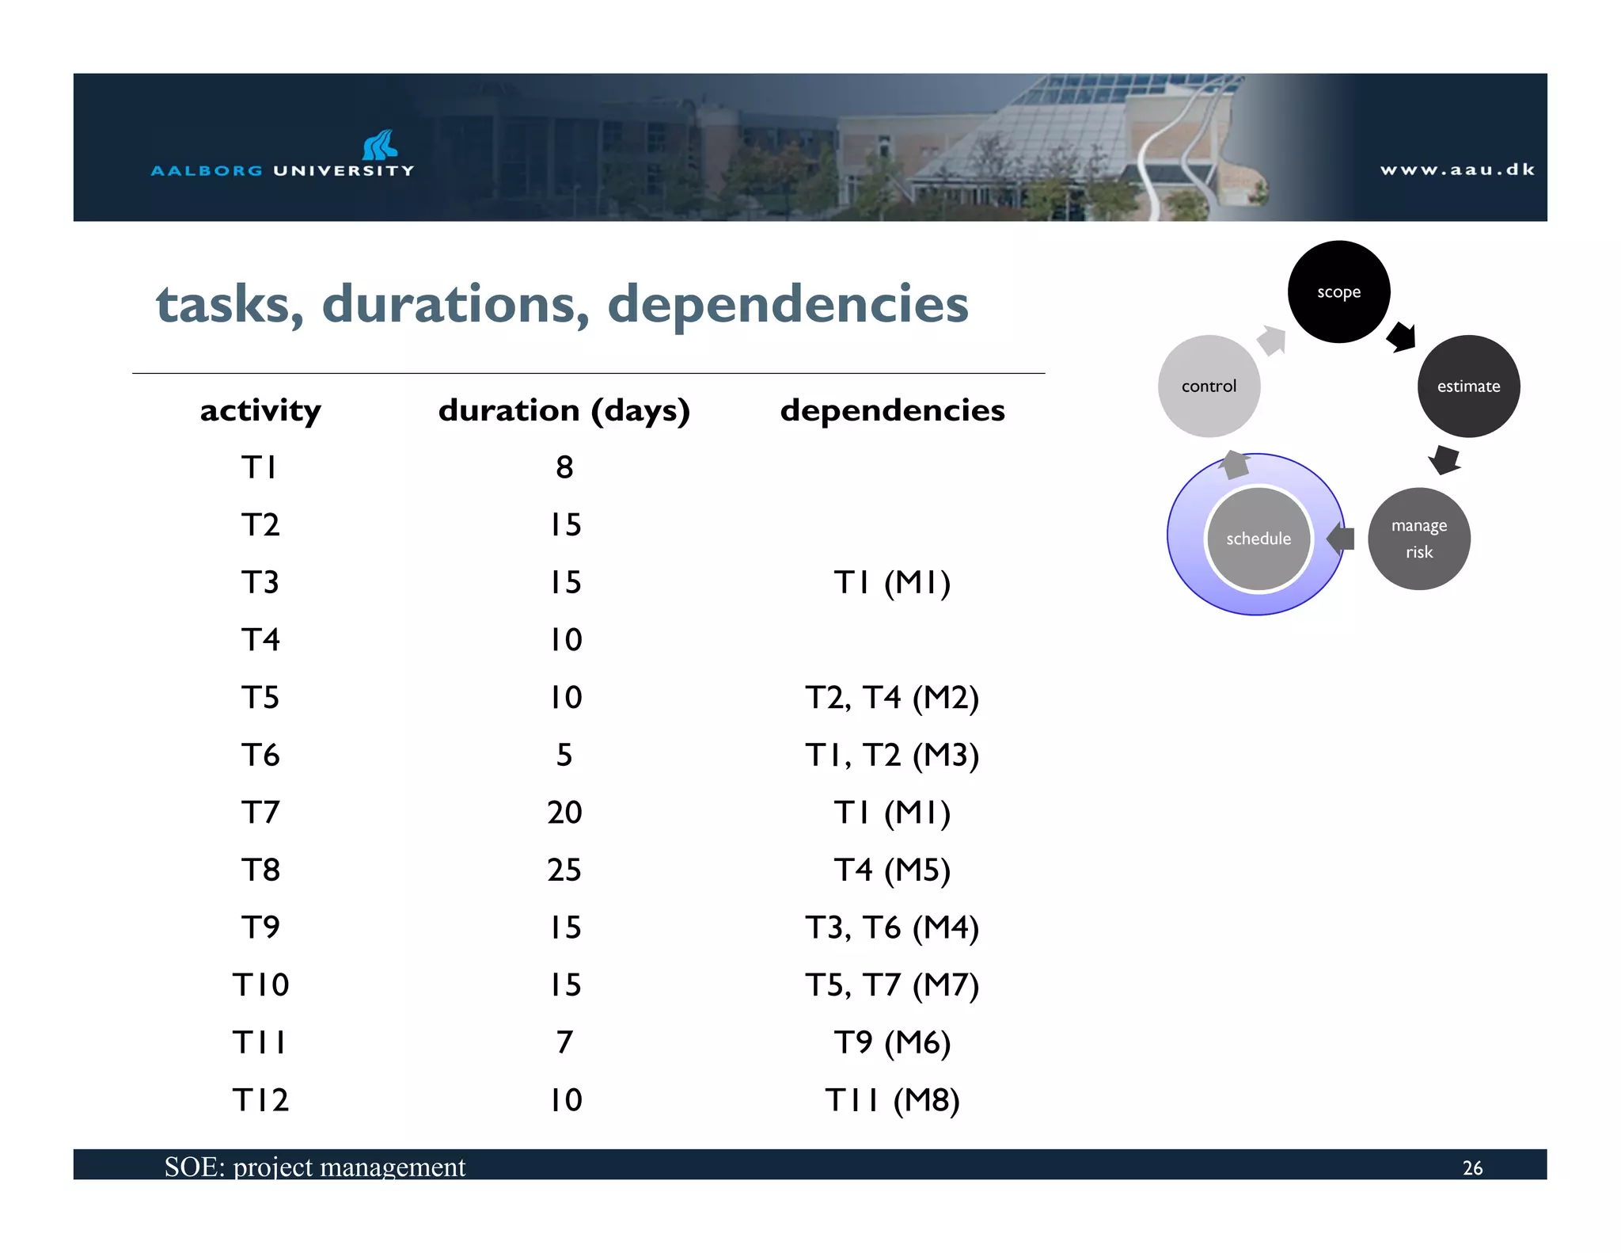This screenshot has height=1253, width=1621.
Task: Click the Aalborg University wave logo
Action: (x=380, y=145)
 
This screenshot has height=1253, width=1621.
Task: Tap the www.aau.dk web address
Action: (x=1457, y=169)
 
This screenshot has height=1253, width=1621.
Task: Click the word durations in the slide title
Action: (x=455, y=304)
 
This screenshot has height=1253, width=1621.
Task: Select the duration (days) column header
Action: (x=564, y=410)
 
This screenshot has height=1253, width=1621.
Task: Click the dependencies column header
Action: (x=892, y=410)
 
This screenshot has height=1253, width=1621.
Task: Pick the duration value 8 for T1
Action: (x=564, y=467)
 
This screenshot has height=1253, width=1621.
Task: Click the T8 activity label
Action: (x=260, y=870)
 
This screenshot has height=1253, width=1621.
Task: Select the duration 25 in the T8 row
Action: (x=564, y=870)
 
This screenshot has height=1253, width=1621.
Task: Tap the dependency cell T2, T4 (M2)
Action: (x=892, y=698)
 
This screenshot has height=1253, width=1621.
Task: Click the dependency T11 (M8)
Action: (x=892, y=1100)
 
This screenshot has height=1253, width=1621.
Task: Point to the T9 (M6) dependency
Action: (x=892, y=1042)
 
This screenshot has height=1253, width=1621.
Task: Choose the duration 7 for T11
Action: (x=564, y=1042)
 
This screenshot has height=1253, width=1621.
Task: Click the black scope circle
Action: (x=1338, y=291)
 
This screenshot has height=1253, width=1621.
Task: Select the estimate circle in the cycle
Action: (x=1468, y=386)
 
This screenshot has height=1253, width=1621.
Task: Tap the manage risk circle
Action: (x=1418, y=539)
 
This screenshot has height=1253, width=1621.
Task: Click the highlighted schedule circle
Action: (x=1258, y=539)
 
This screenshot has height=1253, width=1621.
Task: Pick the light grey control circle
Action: (x=1209, y=386)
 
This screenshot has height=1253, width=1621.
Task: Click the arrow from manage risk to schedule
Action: (x=1341, y=539)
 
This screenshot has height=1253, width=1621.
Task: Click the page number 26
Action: (x=1472, y=1167)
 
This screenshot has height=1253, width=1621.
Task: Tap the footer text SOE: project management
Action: (x=314, y=1167)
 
